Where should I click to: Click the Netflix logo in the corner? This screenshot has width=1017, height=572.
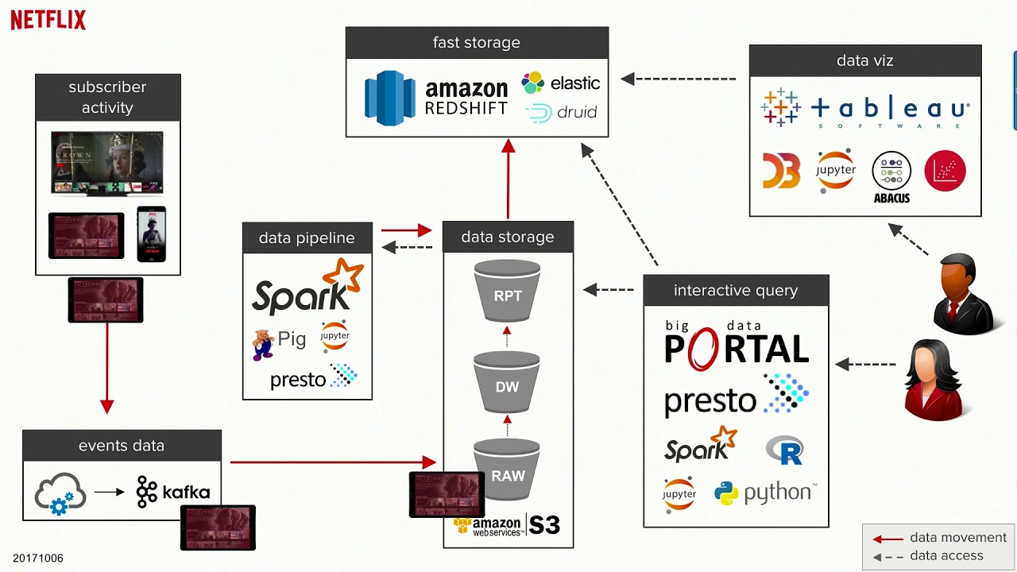click(48, 20)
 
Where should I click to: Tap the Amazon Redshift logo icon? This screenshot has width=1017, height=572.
click(389, 99)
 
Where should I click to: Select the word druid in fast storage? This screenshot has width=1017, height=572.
click(576, 112)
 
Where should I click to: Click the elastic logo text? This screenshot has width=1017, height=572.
click(574, 83)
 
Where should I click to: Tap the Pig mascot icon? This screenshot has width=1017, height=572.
click(263, 344)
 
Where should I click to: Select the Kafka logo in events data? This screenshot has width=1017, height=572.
click(172, 492)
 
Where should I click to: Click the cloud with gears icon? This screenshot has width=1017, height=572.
click(60, 493)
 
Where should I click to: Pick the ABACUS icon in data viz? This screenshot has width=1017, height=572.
click(891, 176)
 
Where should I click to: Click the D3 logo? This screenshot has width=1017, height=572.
click(781, 171)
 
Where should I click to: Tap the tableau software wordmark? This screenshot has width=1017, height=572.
click(890, 110)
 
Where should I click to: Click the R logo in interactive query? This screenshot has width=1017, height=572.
click(784, 450)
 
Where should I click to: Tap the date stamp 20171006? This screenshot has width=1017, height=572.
click(37, 558)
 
